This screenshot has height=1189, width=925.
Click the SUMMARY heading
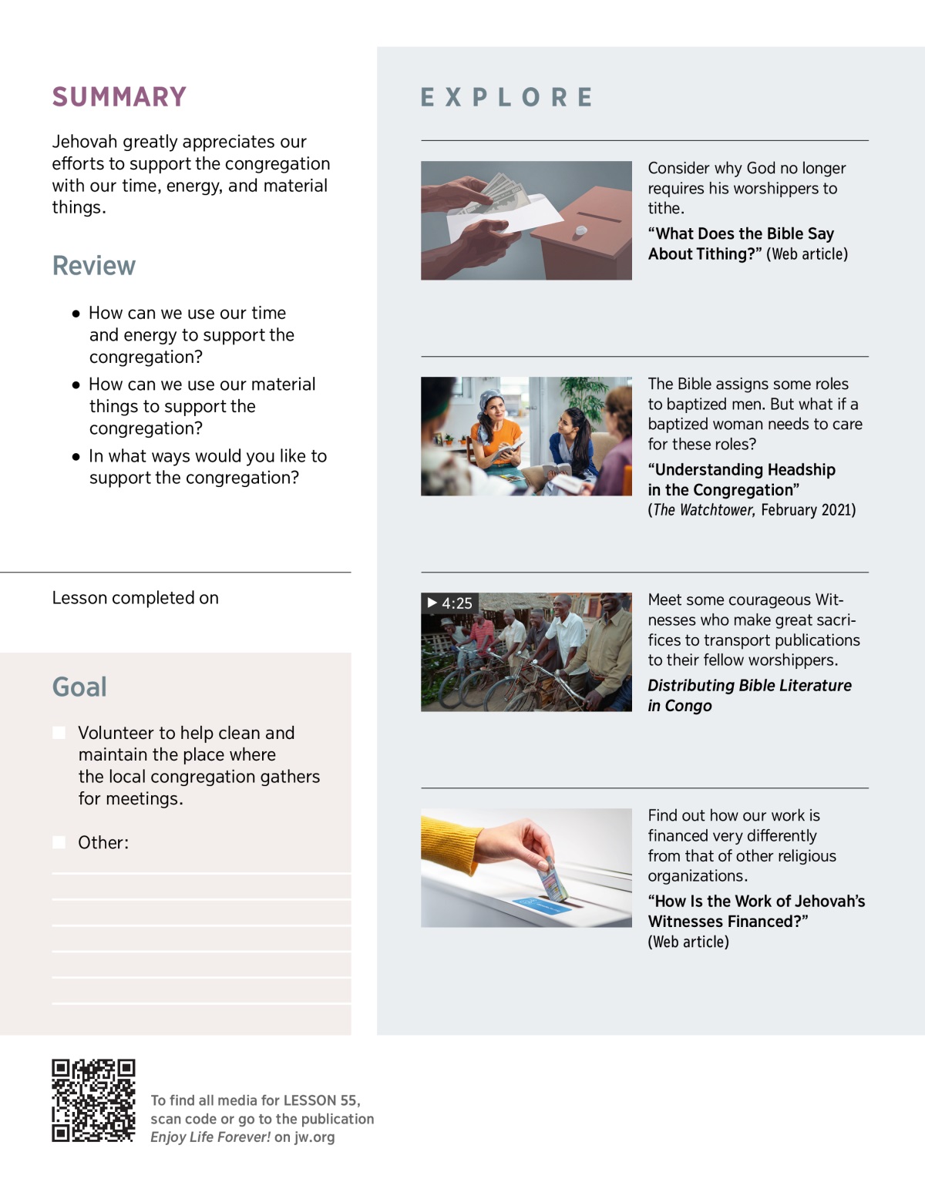[119, 97]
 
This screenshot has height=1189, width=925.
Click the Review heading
[93, 266]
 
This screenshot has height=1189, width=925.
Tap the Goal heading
[79, 687]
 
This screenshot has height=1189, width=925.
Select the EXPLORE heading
[506, 98]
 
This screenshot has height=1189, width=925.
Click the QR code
[93, 1100]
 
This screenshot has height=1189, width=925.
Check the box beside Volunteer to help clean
[59, 733]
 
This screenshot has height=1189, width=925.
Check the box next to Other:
[59, 842]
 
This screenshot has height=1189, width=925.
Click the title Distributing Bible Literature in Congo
[748, 696]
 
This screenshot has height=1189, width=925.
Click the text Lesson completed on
[135, 598]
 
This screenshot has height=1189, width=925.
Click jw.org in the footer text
[314, 1137]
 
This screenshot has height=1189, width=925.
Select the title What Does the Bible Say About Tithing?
[741, 244]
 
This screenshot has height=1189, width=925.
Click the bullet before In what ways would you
[76, 457]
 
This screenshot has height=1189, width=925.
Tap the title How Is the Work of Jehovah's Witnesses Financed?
[755, 912]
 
